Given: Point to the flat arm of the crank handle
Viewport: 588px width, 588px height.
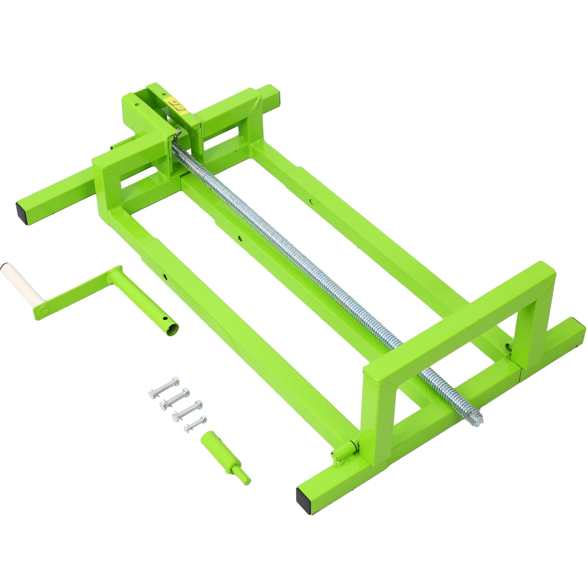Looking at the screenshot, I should pyautogui.click(x=73, y=294).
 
